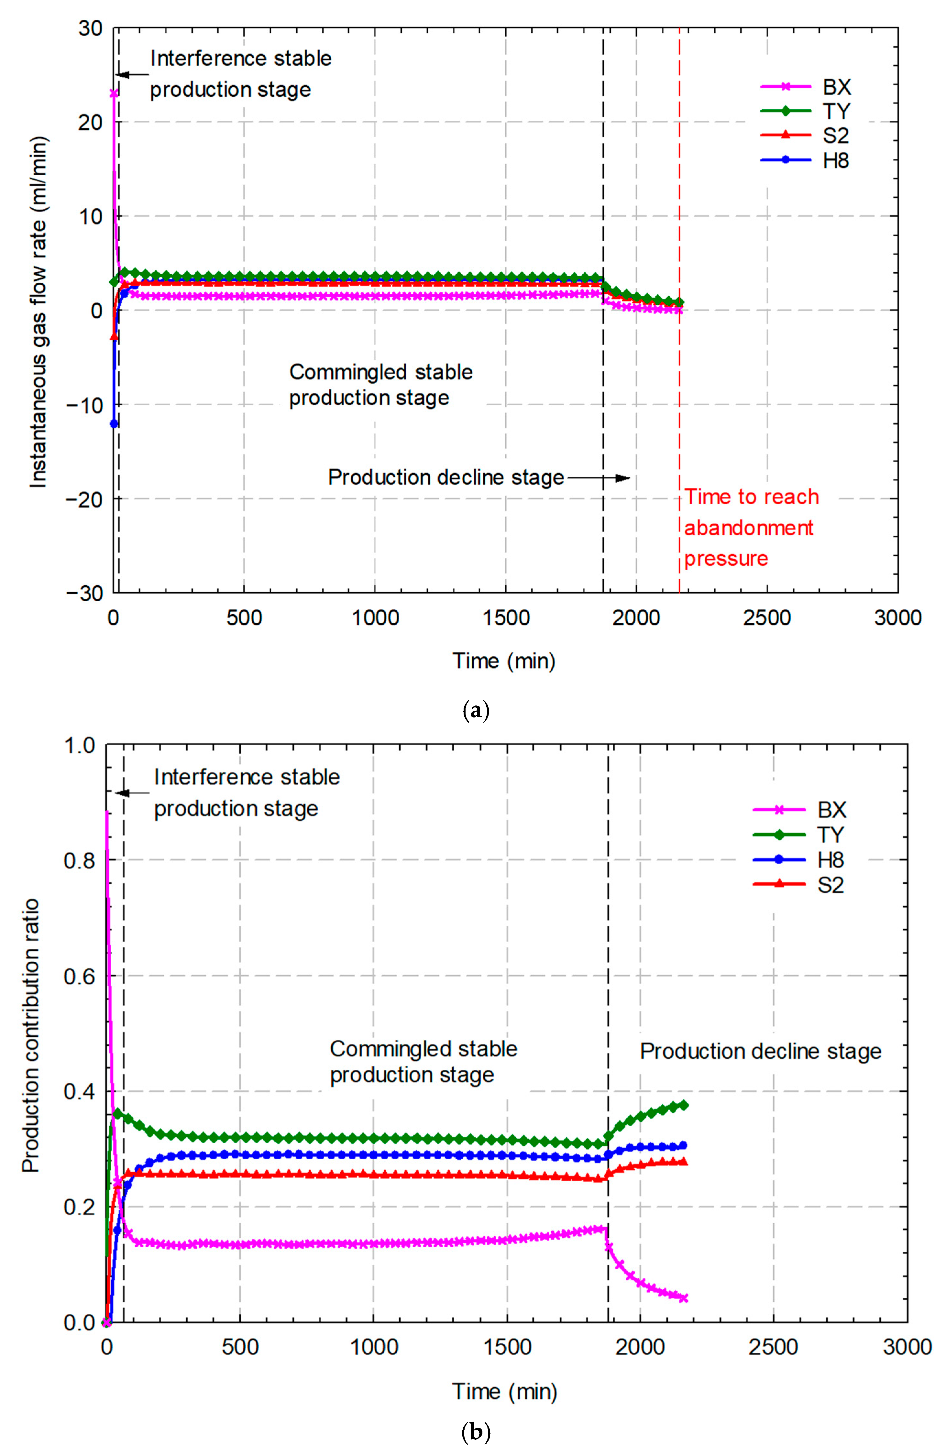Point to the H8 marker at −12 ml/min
(114, 423)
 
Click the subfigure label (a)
(476, 711)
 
